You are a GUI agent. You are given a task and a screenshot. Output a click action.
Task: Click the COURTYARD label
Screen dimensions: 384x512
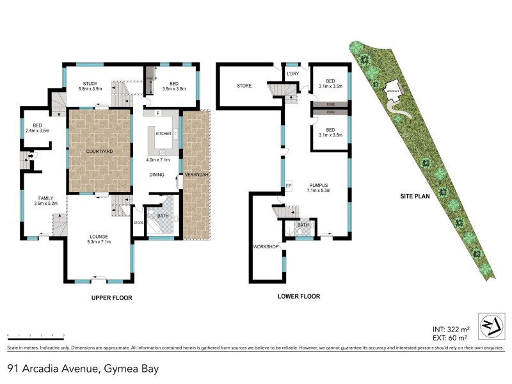point(99,151)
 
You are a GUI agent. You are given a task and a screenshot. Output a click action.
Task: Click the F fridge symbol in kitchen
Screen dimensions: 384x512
point(156,114)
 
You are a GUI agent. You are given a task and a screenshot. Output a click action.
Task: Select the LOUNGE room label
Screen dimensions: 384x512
point(99,238)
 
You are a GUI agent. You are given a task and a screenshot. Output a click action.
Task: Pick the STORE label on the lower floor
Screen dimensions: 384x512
point(244,85)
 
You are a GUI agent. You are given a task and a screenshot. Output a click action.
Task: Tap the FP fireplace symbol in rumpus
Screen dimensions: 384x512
point(289,186)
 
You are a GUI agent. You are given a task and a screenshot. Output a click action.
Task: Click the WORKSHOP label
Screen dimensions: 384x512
point(265,246)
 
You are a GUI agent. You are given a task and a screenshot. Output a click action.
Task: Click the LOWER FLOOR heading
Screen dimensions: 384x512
point(298,296)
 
